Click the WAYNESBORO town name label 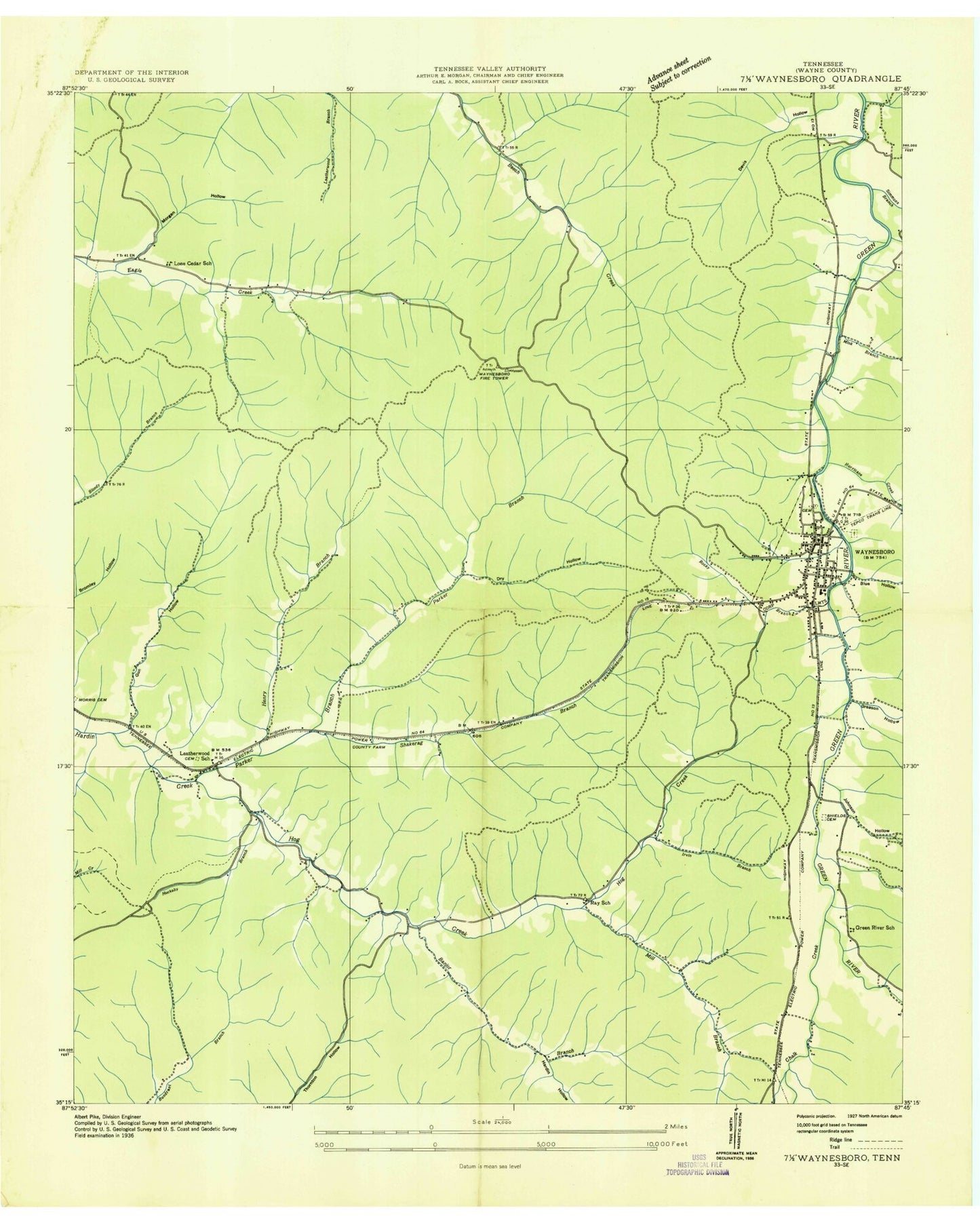(879, 552)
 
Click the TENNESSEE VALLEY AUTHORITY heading (490, 68)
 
